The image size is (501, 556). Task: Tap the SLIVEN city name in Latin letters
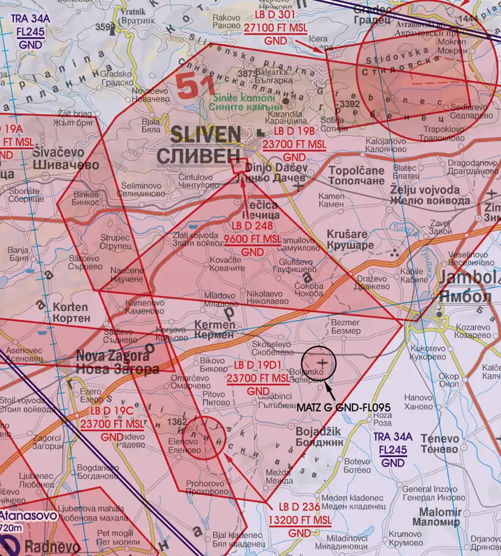pos(205,134)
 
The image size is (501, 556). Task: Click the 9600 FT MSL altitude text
pos(252,239)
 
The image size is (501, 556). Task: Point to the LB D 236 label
pos(299,508)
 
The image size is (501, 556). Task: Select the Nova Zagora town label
pos(112,356)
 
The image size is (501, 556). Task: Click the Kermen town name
pos(215,324)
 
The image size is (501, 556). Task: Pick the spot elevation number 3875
pos(246,73)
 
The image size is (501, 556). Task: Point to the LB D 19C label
pos(112,411)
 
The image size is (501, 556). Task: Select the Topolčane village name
pos(356,170)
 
